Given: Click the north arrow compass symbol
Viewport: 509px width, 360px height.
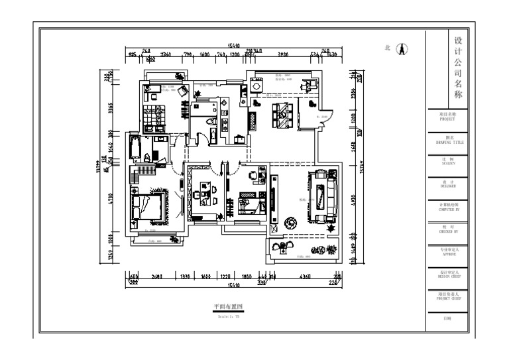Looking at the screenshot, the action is click(401, 49).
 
